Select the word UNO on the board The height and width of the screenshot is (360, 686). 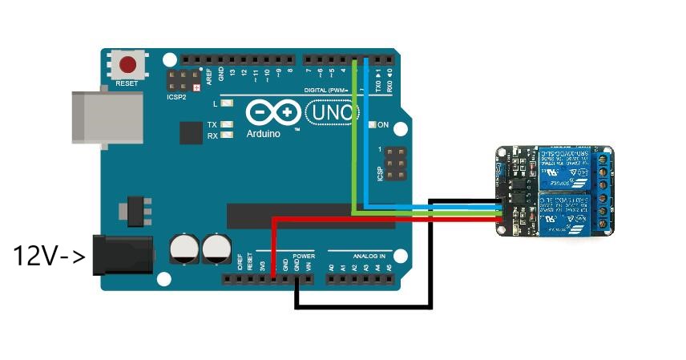[330, 112]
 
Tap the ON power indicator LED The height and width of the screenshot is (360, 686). [372, 125]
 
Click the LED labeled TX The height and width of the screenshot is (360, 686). [227, 125]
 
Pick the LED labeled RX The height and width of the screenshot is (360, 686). [227, 136]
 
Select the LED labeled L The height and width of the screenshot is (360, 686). [227, 104]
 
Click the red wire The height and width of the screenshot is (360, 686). [385, 218]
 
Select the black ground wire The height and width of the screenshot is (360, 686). [365, 306]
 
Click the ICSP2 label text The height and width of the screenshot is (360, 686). [176, 96]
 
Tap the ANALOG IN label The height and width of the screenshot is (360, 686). [368, 256]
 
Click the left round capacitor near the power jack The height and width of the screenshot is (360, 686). [184, 249]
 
